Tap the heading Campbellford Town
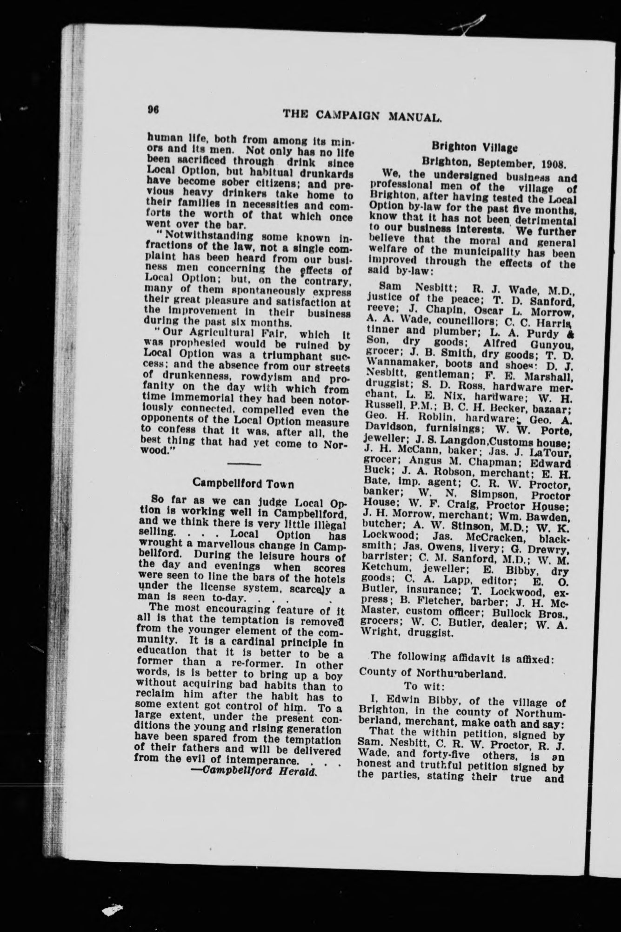(x=243, y=484)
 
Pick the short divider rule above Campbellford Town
(x=245, y=464)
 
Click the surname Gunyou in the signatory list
(x=553, y=344)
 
